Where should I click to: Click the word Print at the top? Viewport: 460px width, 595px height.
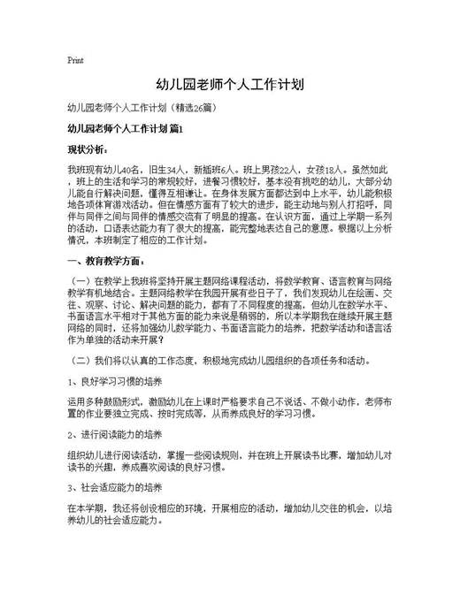[x=75, y=61]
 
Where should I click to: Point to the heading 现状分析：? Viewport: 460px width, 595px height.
[x=87, y=149]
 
